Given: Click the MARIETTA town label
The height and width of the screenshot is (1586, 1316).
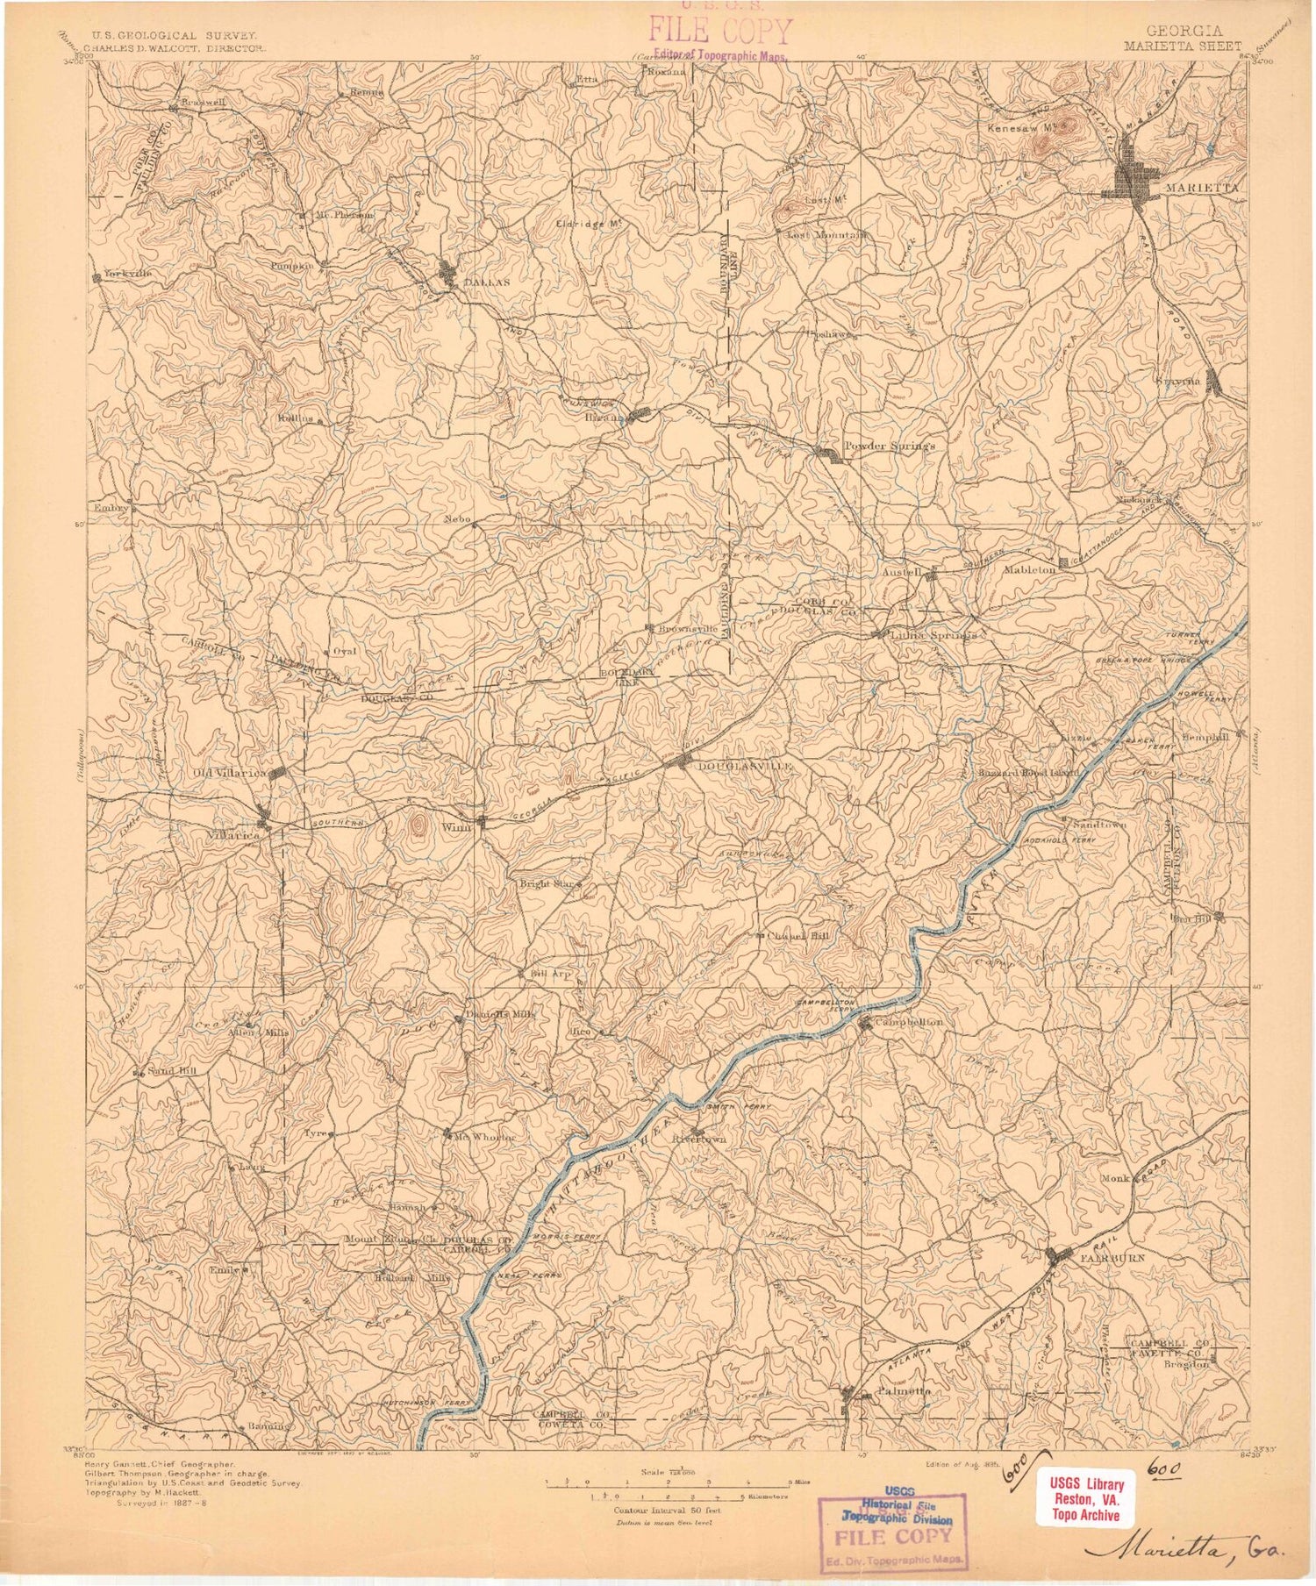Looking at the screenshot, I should (x=1202, y=188).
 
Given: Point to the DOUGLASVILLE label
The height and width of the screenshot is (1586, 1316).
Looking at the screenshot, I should (x=745, y=766).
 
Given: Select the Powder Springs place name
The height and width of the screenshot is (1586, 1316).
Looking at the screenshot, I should (x=889, y=446).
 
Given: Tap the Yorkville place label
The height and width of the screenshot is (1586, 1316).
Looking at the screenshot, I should (x=128, y=274).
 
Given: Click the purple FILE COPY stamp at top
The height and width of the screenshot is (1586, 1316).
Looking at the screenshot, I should (x=719, y=33).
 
